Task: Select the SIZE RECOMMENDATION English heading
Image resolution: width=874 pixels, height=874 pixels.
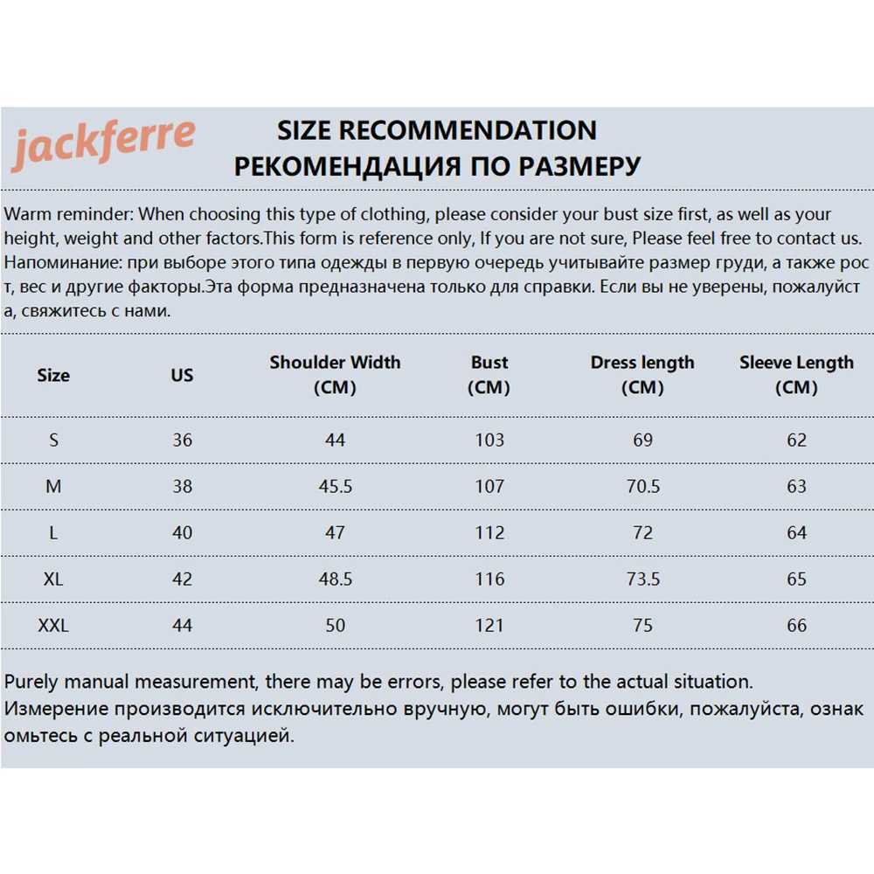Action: (437, 131)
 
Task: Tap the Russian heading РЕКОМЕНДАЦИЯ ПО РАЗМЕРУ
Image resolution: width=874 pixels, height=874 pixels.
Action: (437, 166)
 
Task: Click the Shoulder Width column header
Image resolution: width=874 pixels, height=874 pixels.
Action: (335, 374)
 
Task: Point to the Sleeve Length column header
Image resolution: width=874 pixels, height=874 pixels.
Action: (796, 374)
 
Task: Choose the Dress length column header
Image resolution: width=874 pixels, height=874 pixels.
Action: (642, 374)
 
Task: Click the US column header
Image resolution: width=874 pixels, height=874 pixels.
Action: (182, 375)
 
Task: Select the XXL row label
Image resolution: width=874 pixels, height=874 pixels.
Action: (53, 626)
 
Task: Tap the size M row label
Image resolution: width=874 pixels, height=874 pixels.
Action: (53, 486)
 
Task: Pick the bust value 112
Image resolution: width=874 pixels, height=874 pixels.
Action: (489, 532)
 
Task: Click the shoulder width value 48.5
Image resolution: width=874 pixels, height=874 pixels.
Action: (335, 579)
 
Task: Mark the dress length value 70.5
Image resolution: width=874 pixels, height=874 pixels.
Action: (642, 486)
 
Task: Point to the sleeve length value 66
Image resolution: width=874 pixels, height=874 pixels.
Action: (796, 626)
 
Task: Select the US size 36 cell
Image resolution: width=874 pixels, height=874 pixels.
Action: (182, 440)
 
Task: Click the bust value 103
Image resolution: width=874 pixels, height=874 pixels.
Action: (489, 440)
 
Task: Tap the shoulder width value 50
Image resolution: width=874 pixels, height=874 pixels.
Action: (335, 626)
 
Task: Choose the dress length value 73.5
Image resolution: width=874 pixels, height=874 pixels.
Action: (642, 579)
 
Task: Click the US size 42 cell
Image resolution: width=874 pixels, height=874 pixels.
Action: (182, 579)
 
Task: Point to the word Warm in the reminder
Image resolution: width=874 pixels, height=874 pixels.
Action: (26, 215)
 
